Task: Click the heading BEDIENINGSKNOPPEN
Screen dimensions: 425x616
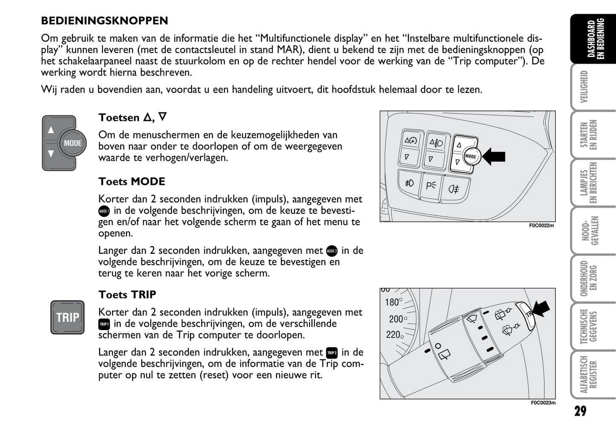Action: [104, 20]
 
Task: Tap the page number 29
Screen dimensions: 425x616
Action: [580, 411]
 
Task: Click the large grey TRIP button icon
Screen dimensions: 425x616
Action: [67, 317]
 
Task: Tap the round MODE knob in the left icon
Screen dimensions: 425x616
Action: [72, 144]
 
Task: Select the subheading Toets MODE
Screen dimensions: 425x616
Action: [132, 181]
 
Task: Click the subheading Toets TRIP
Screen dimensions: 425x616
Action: [127, 295]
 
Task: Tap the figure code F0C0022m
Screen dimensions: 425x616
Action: [541, 226]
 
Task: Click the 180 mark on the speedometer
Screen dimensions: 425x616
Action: [392, 302]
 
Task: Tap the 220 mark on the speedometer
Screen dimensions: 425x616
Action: [393, 335]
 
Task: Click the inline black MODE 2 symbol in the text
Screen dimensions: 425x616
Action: [332, 251]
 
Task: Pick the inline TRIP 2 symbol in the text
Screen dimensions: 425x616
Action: [332, 353]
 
